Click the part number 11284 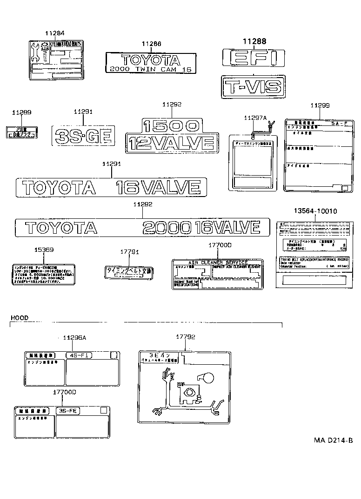click(55, 33)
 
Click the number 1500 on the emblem click(172, 126)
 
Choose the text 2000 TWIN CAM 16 click(151, 69)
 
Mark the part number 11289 click(21, 112)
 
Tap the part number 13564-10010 click(315, 211)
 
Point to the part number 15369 click(44, 250)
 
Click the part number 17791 click(130, 252)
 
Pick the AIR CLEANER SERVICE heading click(217, 263)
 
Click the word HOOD click(20, 318)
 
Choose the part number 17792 click(185, 337)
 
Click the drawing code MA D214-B click(333, 440)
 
